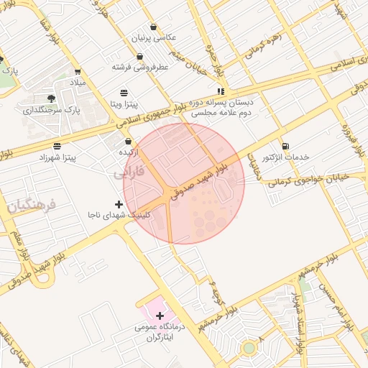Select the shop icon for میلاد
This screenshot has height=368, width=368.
point(78,72)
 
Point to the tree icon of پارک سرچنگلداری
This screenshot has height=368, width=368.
point(50,98)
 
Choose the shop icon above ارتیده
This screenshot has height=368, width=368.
point(128,142)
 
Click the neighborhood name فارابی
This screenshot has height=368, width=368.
point(129,173)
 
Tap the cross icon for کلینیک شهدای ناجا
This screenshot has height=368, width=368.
point(119,204)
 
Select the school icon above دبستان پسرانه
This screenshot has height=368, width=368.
point(221,91)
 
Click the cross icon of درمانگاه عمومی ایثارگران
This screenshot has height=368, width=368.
point(160,316)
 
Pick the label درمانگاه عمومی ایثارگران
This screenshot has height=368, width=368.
point(160,332)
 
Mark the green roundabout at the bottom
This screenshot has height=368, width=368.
point(249,348)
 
